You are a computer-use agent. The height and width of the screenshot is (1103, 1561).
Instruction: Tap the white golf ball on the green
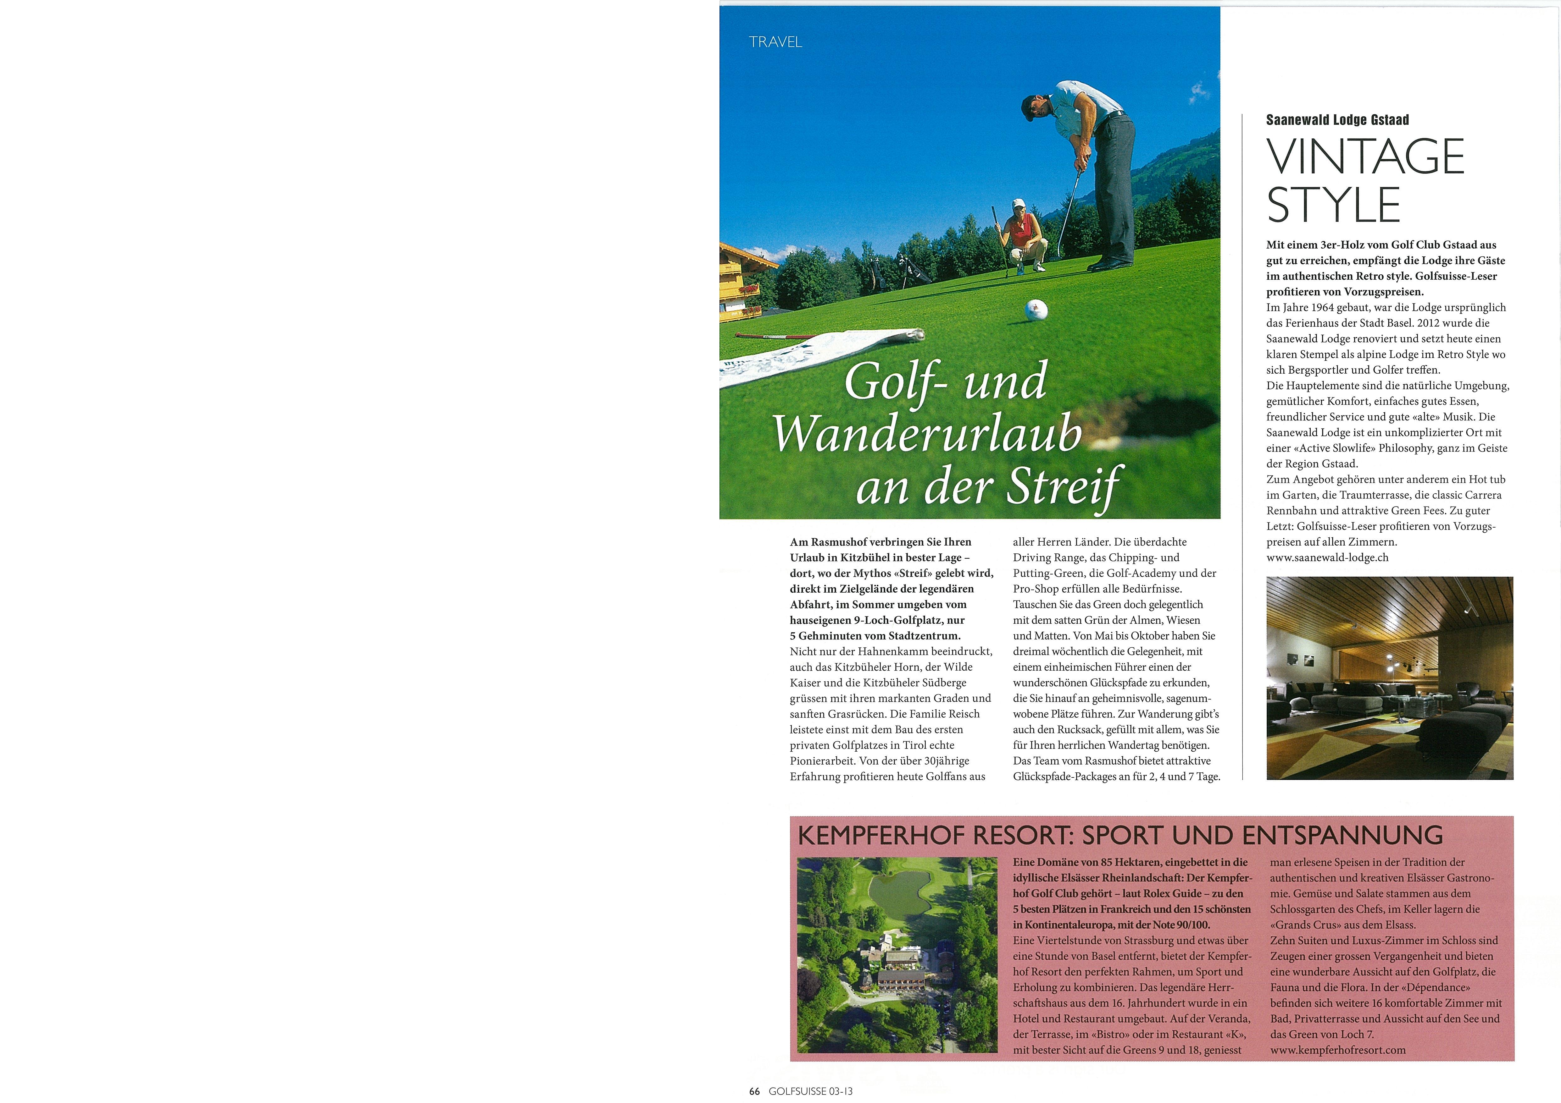(x=1036, y=310)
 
